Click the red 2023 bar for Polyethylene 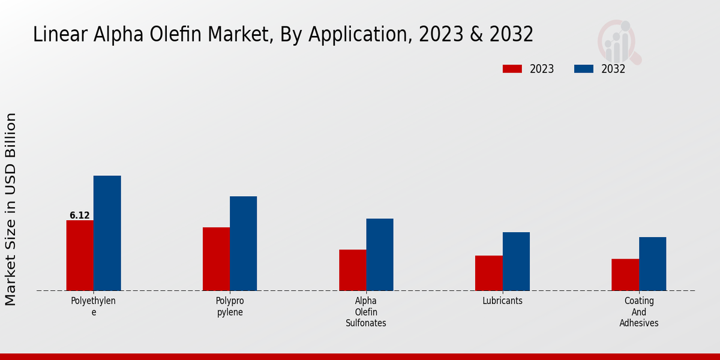point(80,255)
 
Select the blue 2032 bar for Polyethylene point(107,233)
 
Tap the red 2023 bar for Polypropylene point(216,259)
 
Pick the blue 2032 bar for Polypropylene point(243,243)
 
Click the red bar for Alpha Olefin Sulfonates point(352,270)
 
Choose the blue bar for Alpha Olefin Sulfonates point(380,254)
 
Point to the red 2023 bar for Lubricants point(488,273)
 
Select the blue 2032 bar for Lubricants point(516,261)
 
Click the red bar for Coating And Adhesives point(625,274)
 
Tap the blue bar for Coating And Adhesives point(652,263)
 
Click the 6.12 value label point(80,215)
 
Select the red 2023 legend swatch point(512,69)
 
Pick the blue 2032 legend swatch point(583,69)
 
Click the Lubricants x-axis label point(502,301)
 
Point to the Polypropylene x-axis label point(230,307)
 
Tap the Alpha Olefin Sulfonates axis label point(366,312)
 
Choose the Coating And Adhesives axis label point(639,312)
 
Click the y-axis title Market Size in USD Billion point(11,209)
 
